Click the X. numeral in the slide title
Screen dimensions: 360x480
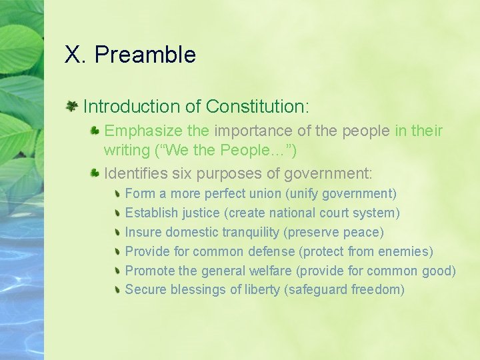(76, 55)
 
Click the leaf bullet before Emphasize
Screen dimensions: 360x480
(95, 130)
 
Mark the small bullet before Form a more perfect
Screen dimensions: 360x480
(117, 194)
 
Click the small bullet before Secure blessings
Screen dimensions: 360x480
(117, 290)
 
